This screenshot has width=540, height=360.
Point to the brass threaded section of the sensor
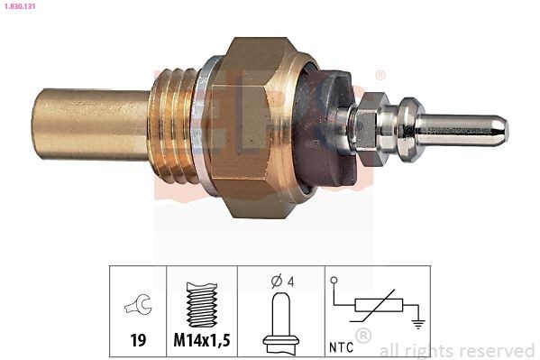(173, 125)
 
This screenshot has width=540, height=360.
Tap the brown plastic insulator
(324, 127)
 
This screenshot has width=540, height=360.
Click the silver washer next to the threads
(203, 125)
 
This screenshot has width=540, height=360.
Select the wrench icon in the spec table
(138, 304)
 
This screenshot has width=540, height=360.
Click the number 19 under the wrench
(138, 340)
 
